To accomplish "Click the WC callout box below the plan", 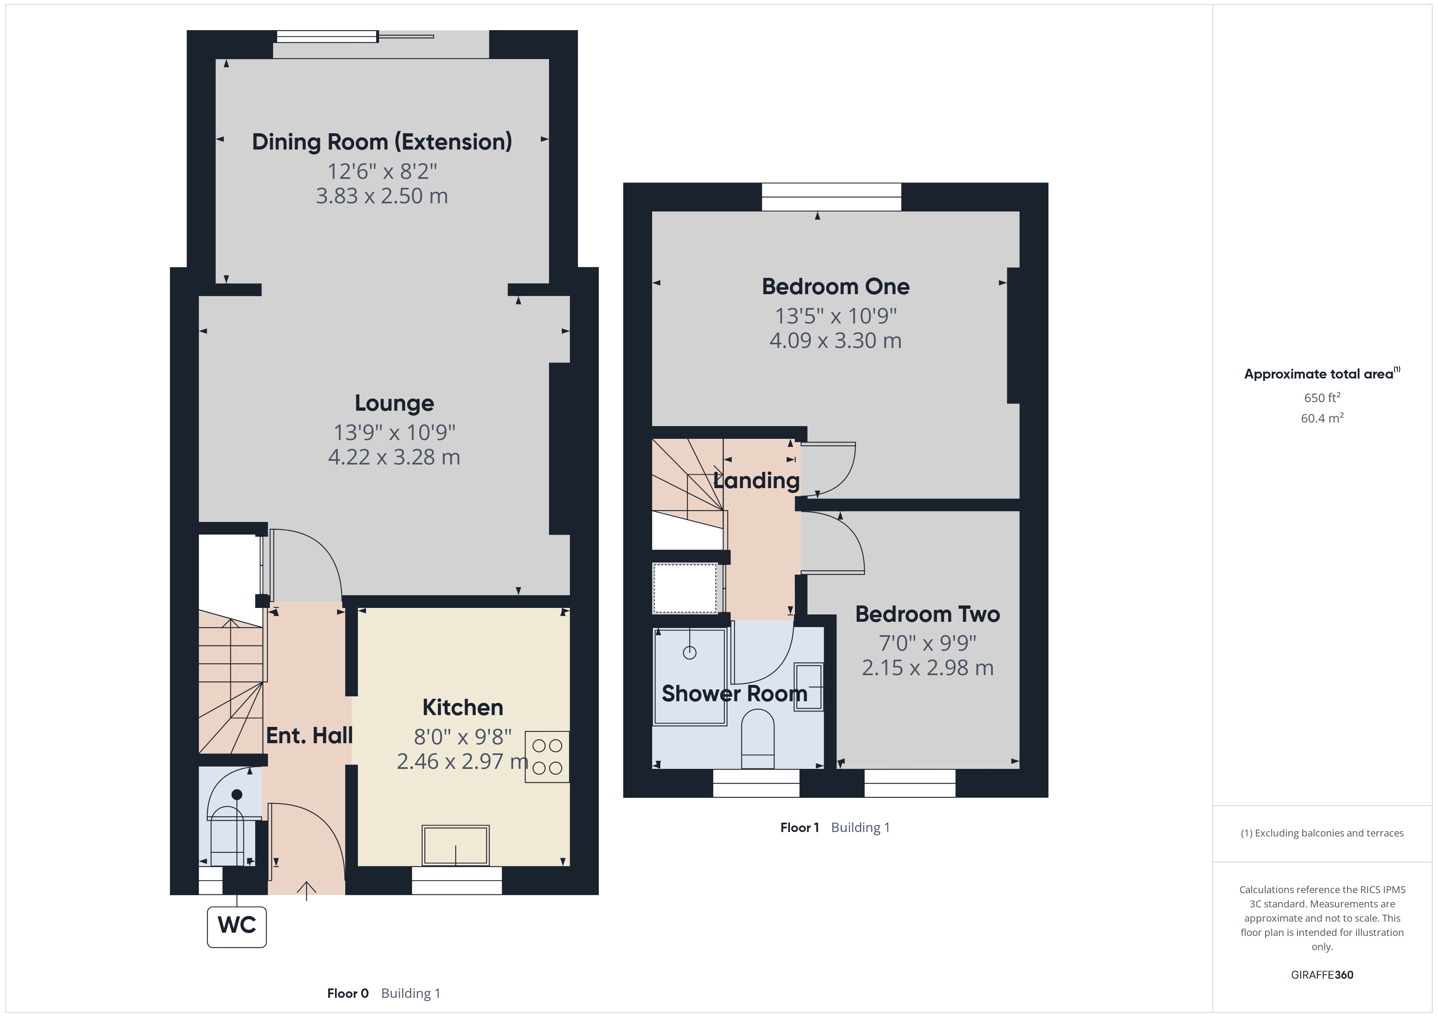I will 237,926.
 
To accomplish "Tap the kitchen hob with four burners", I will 547,757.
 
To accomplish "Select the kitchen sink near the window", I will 455,845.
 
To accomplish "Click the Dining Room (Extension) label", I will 382,142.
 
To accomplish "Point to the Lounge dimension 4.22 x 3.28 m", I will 394,457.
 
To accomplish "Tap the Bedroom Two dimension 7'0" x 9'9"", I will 928,643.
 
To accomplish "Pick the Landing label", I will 756,480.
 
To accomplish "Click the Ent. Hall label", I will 309,735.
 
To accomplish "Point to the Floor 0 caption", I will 348,993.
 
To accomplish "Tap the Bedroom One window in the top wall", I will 831,197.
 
